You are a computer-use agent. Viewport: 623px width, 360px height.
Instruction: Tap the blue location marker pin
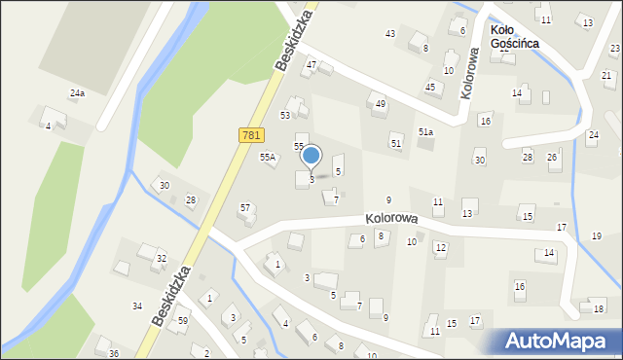tap(311, 156)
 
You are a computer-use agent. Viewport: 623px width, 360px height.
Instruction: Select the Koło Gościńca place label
tap(515, 37)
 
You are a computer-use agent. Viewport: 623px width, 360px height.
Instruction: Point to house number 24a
tap(77, 93)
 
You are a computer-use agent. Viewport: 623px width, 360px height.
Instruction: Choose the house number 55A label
tap(268, 157)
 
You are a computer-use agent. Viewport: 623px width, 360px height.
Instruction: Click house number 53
tap(286, 115)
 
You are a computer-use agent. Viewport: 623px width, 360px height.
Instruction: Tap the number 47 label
tap(311, 65)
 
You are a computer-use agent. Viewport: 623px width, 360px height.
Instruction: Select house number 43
tap(390, 34)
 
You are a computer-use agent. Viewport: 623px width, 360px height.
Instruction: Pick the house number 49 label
tap(381, 104)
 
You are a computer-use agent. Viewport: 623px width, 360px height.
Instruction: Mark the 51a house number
tap(425, 132)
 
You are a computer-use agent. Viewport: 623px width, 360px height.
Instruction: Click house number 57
tap(245, 207)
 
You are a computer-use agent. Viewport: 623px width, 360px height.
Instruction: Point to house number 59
tap(182, 320)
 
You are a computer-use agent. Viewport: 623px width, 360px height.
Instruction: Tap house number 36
tap(114, 353)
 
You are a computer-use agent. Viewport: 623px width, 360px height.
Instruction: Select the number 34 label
tap(137, 306)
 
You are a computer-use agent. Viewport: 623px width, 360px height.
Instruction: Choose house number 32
tap(162, 258)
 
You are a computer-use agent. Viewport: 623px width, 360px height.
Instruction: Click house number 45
tap(430, 87)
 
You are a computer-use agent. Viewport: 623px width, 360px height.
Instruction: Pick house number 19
tap(596, 236)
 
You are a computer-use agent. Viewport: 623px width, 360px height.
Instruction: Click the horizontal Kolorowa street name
tap(392, 220)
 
